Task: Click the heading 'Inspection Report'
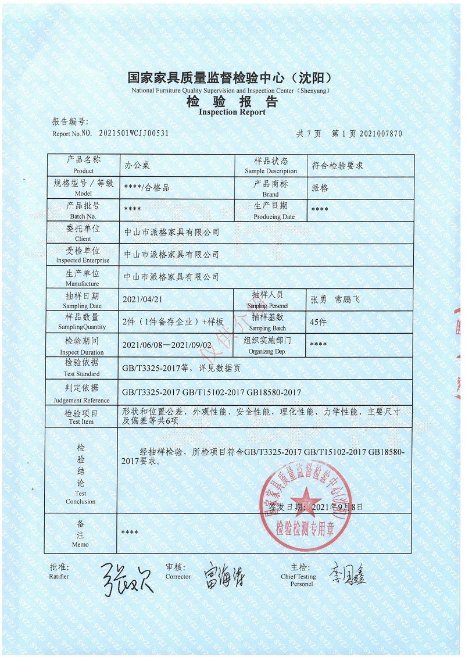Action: click(232, 112)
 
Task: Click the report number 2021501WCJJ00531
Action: click(134, 133)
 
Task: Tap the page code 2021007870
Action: click(381, 133)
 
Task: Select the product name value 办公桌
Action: click(137, 166)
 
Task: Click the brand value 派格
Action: click(320, 188)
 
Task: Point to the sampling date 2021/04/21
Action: click(142, 299)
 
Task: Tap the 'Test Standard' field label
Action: click(82, 374)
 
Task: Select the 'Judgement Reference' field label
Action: click(82, 400)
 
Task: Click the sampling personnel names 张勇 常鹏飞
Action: click(336, 299)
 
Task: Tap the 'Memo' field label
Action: click(81, 544)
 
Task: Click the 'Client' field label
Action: click(83, 238)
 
